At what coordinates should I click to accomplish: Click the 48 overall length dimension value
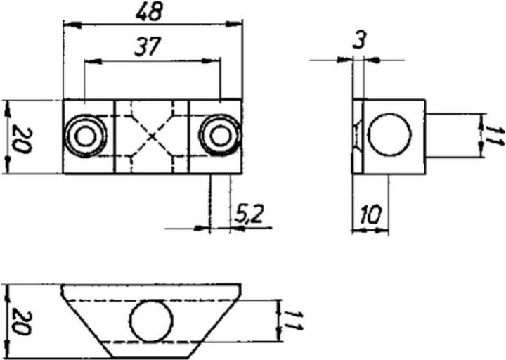point(152,11)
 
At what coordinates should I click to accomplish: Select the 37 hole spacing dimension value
point(148,47)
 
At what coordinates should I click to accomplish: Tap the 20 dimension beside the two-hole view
point(20,137)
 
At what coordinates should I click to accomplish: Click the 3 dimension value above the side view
point(359,41)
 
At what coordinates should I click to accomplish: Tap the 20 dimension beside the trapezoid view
point(20,321)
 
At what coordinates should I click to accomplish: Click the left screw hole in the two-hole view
point(86,136)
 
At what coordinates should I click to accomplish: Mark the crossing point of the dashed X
point(153,136)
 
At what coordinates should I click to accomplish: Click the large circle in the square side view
point(389,136)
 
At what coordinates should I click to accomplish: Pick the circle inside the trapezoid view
point(151,321)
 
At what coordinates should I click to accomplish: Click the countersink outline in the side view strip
point(358,136)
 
